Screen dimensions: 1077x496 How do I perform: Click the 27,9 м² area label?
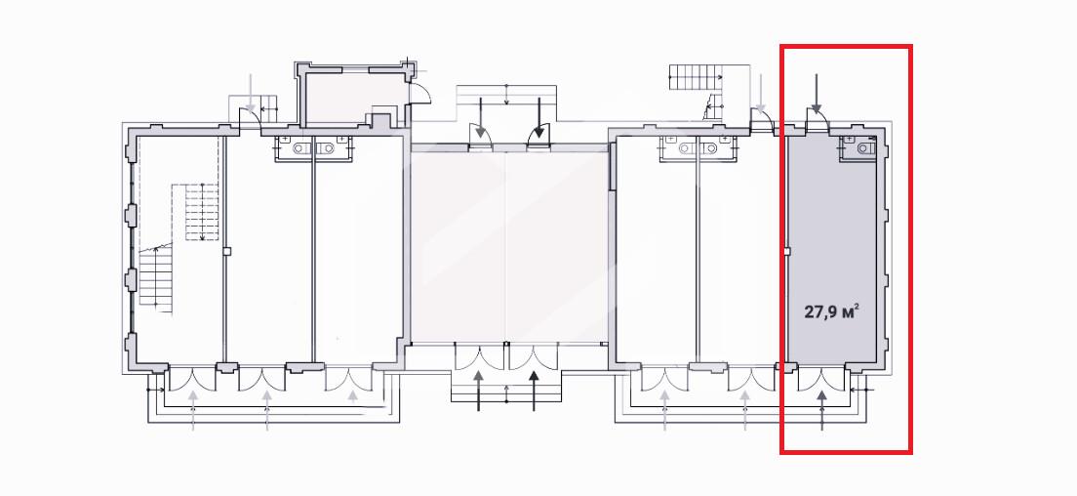(832, 311)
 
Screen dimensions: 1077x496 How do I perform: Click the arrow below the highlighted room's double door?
(822, 410)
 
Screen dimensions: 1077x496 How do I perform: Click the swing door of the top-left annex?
(421, 90)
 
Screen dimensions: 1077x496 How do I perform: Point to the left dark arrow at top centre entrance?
(481, 117)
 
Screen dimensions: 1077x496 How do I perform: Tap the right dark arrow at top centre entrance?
(539, 117)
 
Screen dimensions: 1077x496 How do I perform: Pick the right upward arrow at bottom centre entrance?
(535, 391)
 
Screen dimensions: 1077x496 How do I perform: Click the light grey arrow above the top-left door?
(252, 93)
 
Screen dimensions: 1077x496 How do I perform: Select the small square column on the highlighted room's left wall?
(788, 252)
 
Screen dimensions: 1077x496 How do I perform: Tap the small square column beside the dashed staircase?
(226, 252)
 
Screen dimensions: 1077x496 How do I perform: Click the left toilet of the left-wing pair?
(300, 147)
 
